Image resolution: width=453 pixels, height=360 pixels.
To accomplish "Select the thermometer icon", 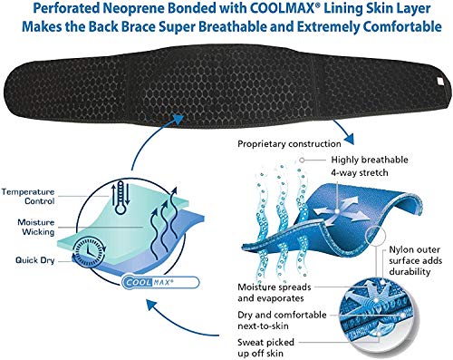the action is click(120, 198).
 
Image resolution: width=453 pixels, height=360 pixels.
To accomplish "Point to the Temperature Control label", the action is click(28, 197).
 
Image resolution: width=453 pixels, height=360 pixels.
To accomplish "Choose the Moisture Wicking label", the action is click(36, 228).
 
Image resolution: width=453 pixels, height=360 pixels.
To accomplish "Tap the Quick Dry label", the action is click(35, 260).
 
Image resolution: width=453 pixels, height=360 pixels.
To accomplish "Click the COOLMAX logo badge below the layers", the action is click(160, 282).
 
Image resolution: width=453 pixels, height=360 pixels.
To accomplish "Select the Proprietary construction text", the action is click(289, 144).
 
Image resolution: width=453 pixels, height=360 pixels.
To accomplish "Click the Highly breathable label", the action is click(370, 160).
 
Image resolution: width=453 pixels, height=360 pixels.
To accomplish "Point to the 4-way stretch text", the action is click(360, 173).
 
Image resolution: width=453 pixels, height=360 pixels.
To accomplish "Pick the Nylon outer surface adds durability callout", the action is click(415, 260).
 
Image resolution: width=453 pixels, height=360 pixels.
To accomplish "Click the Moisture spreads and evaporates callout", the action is click(274, 293).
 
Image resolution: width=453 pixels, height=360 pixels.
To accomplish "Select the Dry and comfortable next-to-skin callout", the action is click(282, 320).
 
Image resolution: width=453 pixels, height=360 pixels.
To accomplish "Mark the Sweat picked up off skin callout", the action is click(265, 347).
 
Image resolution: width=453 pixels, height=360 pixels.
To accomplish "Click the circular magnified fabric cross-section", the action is click(376, 319).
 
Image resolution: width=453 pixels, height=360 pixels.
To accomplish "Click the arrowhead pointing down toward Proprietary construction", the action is click(348, 139).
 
